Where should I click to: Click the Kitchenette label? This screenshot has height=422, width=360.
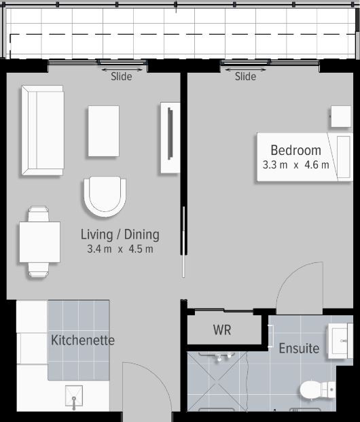pyautogui.click(x=83, y=340)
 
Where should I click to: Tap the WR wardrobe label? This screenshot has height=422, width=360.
pyautogui.click(x=222, y=330)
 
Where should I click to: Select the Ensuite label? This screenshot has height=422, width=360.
pyautogui.click(x=299, y=348)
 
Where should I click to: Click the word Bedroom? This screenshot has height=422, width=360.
pyautogui.click(x=296, y=150)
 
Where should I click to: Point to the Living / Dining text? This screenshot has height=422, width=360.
pyautogui.click(x=120, y=234)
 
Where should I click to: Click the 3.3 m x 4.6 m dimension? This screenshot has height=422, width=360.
pyautogui.click(x=296, y=164)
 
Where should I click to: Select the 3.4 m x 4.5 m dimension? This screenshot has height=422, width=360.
pyautogui.click(x=120, y=249)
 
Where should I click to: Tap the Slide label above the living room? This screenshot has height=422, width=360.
pyautogui.click(x=122, y=76)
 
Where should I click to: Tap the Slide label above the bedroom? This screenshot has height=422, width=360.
pyautogui.click(x=245, y=76)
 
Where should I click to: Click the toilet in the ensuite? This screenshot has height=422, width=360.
pyautogui.click(x=318, y=389)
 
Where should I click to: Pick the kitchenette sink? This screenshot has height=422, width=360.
pyautogui.click(x=74, y=397)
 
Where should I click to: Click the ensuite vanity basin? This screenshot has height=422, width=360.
pyautogui.click(x=340, y=341)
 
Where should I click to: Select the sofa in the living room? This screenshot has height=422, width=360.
pyautogui.click(x=43, y=130)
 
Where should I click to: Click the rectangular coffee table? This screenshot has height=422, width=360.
pyautogui.click(x=104, y=131)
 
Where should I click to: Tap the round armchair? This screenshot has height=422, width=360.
pyautogui.click(x=105, y=196)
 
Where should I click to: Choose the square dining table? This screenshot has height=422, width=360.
pyautogui.click(x=39, y=242)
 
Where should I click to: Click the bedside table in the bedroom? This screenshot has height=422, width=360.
pyautogui.click(x=341, y=116)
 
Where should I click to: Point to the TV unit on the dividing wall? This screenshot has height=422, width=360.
pyautogui.click(x=170, y=137)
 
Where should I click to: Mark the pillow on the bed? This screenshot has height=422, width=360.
pyautogui.click(x=344, y=157)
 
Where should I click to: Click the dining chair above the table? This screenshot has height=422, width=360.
pyautogui.click(x=39, y=214)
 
